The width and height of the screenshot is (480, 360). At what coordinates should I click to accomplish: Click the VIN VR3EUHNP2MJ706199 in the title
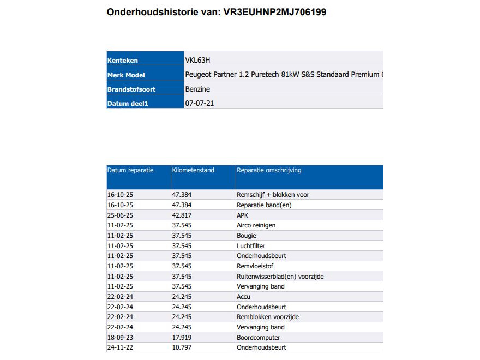pyautogui.click(x=275, y=12)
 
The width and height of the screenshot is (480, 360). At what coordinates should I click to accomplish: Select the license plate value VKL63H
pyautogui.click(x=197, y=61)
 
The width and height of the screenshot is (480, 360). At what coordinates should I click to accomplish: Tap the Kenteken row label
pyautogui.click(x=123, y=61)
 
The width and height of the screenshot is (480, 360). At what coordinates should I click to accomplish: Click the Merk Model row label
pyautogui.click(x=126, y=75)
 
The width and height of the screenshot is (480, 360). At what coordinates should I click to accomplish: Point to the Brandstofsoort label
pyautogui.click(x=128, y=89)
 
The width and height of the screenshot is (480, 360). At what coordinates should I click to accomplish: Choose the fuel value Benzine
pyautogui.click(x=197, y=89)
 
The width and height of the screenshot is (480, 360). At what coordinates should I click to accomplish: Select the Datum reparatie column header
pyautogui.click(x=130, y=170)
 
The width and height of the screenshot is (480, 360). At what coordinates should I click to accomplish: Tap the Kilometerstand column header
pyautogui.click(x=193, y=170)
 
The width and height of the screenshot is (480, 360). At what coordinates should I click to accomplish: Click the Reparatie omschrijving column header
pyautogui.click(x=269, y=170)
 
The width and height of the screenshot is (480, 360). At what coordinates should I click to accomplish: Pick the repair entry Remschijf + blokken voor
pyautogui.click(x=273, y=195)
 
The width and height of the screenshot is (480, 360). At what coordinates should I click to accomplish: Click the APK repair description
pyautogui.click(x=243, y=215)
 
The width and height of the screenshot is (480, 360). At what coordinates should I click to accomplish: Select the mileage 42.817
pyautogui.click(x=182, y=215)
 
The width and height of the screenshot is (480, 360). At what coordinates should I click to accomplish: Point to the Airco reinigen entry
pyautogui.click(x=256, y=225)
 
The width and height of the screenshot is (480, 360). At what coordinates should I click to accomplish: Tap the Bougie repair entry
pyautogui.click(x=247, y=236)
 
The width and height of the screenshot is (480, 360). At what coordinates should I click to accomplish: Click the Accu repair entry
pyautogui.click(x=244, y=297)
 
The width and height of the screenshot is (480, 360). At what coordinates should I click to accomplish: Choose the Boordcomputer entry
pyautogui.click(x=258, y=338)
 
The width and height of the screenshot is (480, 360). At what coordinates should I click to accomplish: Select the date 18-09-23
pyautogui.click(x=120, y=338)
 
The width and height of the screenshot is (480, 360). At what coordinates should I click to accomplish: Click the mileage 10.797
pyautogui.click(x=182, y=347)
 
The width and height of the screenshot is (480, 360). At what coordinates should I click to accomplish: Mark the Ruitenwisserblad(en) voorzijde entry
pyautogui.click(x=280, y=277)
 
